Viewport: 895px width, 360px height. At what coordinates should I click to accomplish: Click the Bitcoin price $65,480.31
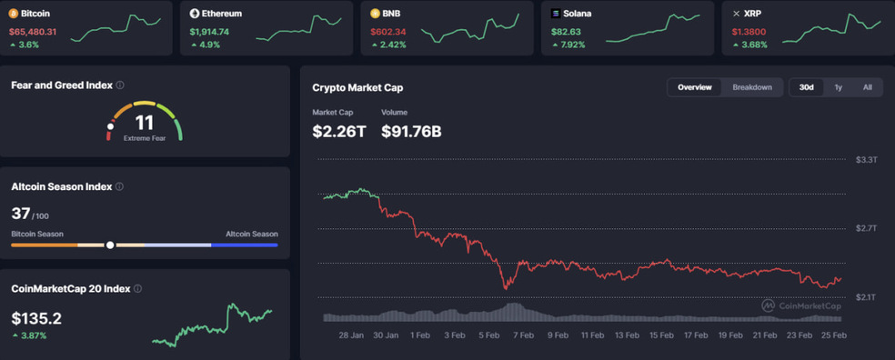point(33,32)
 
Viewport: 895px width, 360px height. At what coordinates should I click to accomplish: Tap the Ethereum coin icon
point(194,13)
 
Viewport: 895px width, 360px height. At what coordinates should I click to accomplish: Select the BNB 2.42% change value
point(391,45)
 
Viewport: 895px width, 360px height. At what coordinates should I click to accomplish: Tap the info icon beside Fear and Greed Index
point(120,85)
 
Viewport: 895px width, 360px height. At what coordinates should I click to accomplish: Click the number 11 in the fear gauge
point(145,123)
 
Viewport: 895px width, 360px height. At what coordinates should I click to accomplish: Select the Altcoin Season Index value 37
point(20,214)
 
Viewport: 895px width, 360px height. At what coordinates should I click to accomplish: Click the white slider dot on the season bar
point(110,245)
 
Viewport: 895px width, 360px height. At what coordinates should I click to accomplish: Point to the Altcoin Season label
point(252,234)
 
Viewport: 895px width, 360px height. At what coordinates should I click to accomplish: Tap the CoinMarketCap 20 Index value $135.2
point(36,318)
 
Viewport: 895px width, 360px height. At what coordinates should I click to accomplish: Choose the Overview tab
point(695,87)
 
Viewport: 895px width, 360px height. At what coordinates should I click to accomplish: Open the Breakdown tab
point(752,87)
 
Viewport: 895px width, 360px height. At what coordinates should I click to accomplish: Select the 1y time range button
point(838,87)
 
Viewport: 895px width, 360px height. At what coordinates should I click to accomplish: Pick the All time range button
point(868,87)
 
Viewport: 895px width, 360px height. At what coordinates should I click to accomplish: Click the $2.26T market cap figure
point(339,131)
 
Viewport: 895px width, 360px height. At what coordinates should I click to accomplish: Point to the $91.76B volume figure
point(411,131)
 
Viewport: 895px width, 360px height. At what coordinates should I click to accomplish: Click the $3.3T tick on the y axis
point(866,160)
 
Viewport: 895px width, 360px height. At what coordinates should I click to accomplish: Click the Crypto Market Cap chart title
point(357,88)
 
